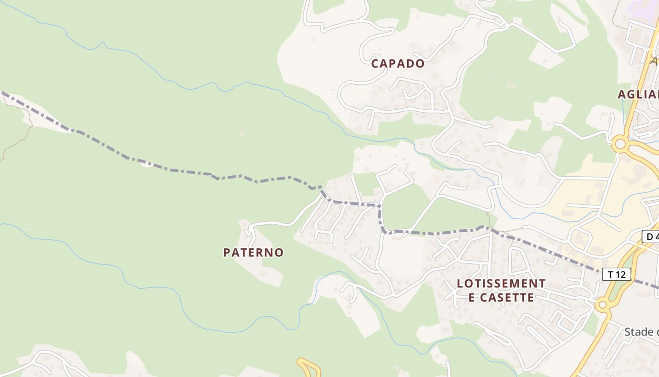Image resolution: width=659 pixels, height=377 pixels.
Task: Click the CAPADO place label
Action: [x=398, y=64]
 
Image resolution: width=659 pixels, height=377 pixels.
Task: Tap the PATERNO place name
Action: [x=253, y=253]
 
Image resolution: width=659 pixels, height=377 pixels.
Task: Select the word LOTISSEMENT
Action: [x=501, y=284]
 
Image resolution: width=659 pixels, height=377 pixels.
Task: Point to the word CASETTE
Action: [x=511, y=298]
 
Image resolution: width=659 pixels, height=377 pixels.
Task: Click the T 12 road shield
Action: [x=616, y=274]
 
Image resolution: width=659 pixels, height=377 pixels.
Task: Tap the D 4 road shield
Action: [x=651, y=236]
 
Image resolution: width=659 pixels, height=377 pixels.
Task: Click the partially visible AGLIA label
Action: [x=638, y=94]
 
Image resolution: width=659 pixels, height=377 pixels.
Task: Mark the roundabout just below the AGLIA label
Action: [x=620, y=144]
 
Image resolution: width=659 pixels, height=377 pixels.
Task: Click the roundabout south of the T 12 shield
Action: [x=602, y=305]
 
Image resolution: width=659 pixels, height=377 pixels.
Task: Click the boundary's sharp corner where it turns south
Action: [x=379, y=206]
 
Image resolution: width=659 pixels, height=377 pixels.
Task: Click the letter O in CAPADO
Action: [x=419, y=64]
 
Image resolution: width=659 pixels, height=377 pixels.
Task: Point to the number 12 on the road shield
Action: [x=621, y=274]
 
